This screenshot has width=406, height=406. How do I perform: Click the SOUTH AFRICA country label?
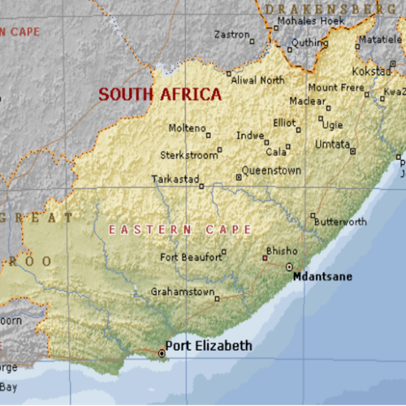click(x=160, y=94)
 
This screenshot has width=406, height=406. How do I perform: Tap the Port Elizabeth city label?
click(x=209, y=346)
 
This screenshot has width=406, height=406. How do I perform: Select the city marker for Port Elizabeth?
click(x=161, y=352)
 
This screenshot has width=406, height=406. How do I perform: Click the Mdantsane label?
click(x=322, y=277)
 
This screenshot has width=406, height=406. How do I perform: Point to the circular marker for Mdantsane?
click(x=289, y=266)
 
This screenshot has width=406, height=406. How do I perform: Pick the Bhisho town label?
click(x=282, y=251)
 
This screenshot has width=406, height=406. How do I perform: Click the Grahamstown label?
click(x=183, y=292)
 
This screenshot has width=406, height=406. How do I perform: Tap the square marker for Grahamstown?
click(x=217, y=299)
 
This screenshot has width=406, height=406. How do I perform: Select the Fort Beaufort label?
click(x=190, y=257)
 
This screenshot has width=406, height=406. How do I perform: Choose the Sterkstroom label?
click(x=189, y=153)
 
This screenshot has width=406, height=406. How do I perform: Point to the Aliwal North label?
click(x=258, y=80)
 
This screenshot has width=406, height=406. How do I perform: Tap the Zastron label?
click(x=231, y=34)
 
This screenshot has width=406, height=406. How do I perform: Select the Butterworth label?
click(x=340, y=222)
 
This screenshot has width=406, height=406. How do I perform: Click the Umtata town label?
click(x=332, y=144)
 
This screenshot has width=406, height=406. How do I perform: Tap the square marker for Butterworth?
click(x=313, y=215)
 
